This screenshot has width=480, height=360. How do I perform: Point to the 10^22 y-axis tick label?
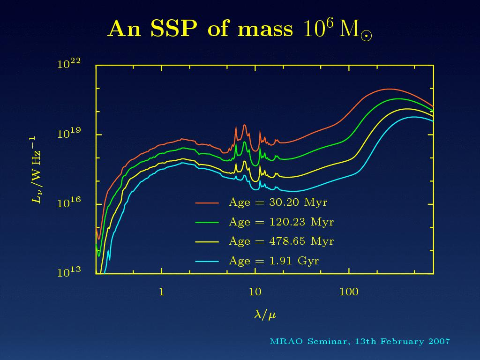(x=69, y=64)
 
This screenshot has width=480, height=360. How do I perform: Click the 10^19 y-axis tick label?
(x=69, y=134)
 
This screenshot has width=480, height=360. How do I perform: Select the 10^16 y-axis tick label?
(x=69, y=203)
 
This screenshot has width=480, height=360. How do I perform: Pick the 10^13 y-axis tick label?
(x=69, y=272)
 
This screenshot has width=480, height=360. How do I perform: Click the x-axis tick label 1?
(x=161, y=292)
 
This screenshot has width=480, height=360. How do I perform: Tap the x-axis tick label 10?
(x=255, y=292)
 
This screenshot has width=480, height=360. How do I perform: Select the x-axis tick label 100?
(x=349, y=292)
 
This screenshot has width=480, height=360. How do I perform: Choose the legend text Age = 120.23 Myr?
(x=281, y=222)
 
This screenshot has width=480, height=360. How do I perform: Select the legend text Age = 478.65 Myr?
(x=281, y=241)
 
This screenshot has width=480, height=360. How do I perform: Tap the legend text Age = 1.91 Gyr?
(x=274, y=261)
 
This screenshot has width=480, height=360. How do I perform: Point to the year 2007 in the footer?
(x=439, y=341)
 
